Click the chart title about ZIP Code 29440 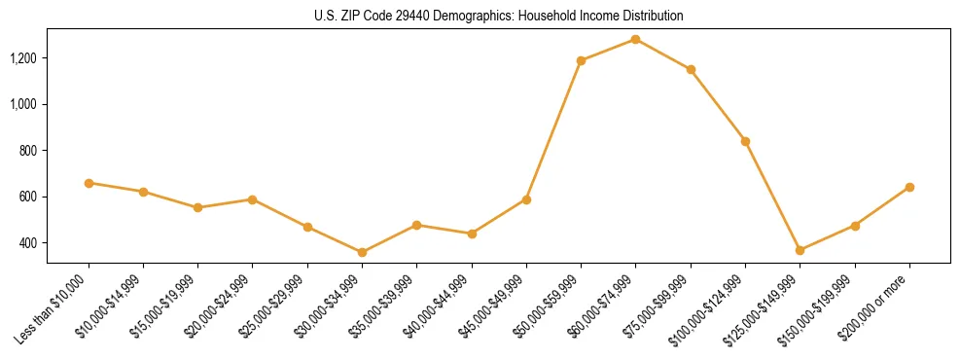click(499, 17)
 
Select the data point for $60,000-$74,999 click(636, 39)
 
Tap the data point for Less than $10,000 click(89, 183)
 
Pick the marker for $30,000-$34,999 click(362, 252)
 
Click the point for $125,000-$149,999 click(800, 250)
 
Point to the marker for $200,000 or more click(909, 187)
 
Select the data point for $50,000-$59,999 click(581, 60)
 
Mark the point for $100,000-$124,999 click(745, 141)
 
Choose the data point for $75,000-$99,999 click(691, 69)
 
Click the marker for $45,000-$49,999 click(526, 199)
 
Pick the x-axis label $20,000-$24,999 click(216, 310)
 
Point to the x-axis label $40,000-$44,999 click(435, 310)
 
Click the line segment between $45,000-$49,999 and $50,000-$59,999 click(553, 129)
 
